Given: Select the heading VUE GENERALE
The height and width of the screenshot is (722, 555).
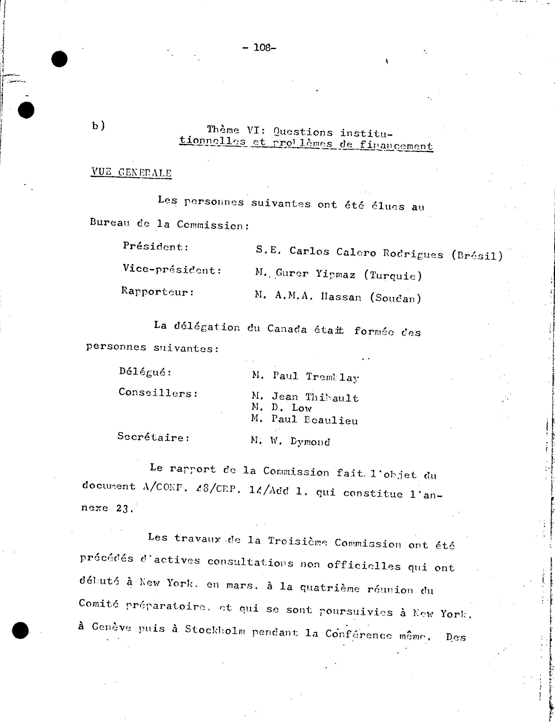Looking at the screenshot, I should (131, 173).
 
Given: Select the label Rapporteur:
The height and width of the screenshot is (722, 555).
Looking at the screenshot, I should (157, 292).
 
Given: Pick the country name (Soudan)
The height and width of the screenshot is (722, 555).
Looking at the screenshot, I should (395, 298).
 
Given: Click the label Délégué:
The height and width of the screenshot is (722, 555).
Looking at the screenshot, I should (145, 372).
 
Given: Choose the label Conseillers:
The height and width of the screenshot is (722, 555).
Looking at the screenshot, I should (158, 393).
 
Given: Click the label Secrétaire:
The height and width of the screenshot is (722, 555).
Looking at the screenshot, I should (154, 437).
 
